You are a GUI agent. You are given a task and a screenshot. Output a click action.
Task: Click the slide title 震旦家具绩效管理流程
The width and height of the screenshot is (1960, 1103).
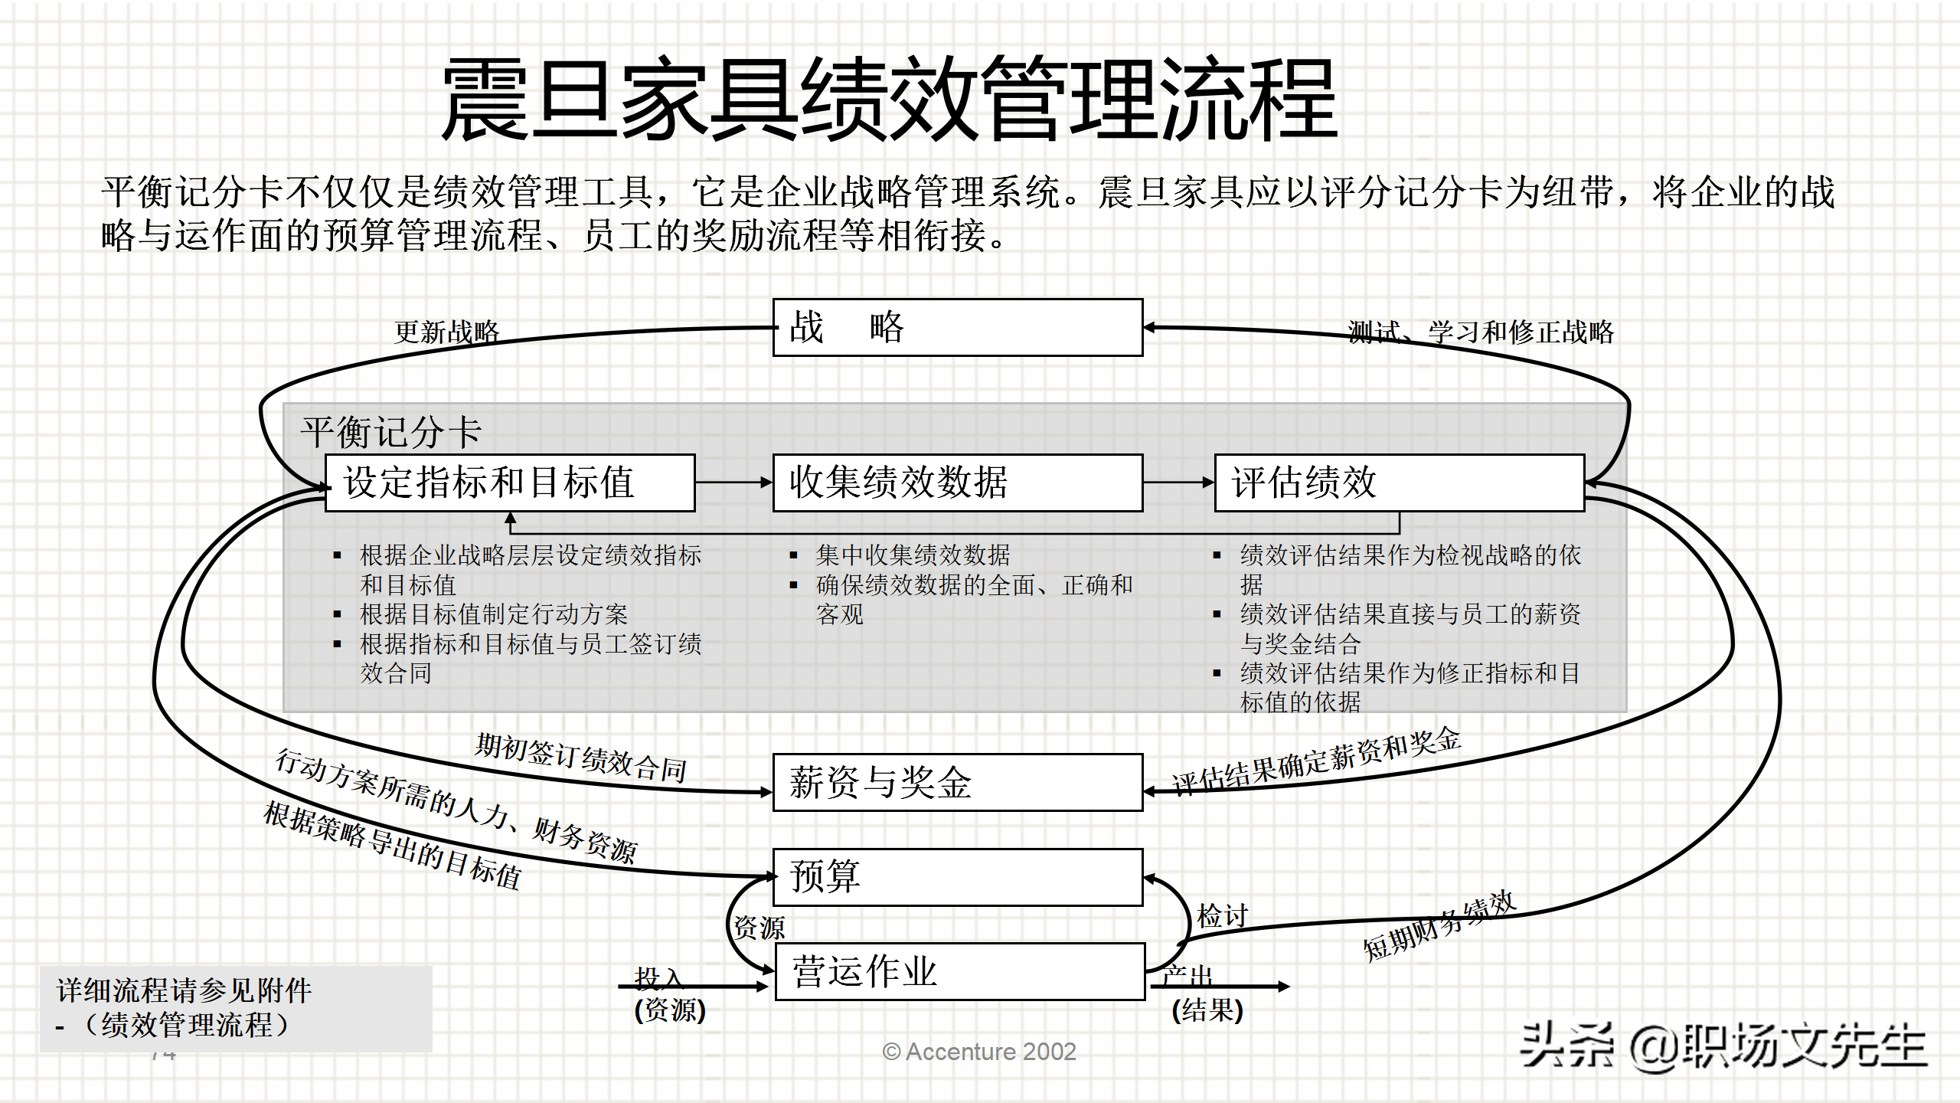pyautogui.click(x=888, y=100)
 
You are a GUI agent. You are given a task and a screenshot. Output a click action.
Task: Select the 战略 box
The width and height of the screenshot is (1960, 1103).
pyautogui.click(x=957, y=328)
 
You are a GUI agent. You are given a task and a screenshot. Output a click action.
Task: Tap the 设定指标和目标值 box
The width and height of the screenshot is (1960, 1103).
pyautogui.click(x=510, y=483)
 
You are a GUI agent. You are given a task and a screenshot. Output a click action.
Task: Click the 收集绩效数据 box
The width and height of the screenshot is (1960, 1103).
pyautogui.click(x=957, y=483)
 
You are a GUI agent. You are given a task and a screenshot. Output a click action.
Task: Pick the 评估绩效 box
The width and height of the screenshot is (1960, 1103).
pyautogui.click(x=1399, y=483)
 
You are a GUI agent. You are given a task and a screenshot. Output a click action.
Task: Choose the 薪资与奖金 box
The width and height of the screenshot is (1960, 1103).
pyautogui.click(x=957, y=782)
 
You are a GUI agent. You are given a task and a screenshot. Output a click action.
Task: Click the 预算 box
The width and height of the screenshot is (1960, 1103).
pyautogui.click(x=957, y=876)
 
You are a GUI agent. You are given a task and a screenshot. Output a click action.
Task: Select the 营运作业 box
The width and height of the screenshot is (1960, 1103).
pyautogui.click(x=959, y=971)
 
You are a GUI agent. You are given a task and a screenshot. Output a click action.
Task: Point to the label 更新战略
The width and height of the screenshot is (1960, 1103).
pyautogui.click(x=446, y=332)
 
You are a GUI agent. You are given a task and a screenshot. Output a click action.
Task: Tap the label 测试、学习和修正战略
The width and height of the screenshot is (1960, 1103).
pyautogui.click(x=1480, y=332)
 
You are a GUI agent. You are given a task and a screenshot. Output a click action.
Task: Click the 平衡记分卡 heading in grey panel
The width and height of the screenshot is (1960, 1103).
pyautogui.click(x=390, y=432)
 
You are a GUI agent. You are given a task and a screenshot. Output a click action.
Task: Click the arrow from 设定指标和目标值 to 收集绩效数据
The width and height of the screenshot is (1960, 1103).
pyautogui.click(x=733, y=483)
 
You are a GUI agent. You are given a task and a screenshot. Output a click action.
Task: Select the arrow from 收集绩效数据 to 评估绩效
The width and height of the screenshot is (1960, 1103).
pyautogui.click(x=1178, y=483)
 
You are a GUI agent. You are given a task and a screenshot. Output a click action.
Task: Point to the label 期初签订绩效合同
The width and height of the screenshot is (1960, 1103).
pyautogui.click(x=580, y=757)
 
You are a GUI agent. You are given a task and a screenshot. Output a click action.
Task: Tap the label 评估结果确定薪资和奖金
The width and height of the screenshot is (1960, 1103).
pyautogui.click(x=1316, y=760)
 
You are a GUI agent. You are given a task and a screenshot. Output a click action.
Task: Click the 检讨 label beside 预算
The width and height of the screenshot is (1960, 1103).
pyautogui.click(x=1223, y=915)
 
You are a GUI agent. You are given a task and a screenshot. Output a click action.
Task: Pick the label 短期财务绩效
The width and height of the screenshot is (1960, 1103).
pyautogui.click(x=1439, y=925)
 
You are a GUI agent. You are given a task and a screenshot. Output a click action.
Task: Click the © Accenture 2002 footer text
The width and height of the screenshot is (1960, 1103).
pyautogui.click(x=979, y=1052)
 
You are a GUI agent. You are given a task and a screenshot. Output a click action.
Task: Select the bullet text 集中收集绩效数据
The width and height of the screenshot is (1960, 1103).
pyautogui.click(x=913, y=555)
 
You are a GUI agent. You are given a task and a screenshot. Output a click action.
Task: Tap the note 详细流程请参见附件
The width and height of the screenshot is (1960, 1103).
pyautogui.click(x=184, y=990)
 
